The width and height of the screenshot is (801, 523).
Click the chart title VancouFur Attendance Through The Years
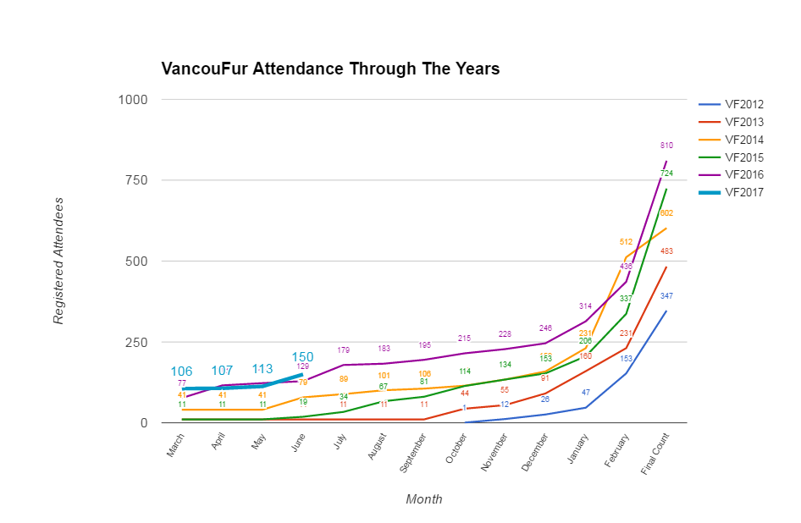click(x=330, y=69)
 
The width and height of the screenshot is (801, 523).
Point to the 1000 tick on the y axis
click(x=132, y=100)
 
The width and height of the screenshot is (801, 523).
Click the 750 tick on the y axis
click(x=137, y=180)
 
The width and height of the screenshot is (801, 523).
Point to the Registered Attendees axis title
click(x=58, y=261)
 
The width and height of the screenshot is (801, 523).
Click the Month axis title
click(x=423, y=499)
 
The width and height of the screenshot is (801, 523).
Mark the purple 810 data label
click(x=666, y=146)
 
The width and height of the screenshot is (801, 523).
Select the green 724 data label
click(x=666, y=173)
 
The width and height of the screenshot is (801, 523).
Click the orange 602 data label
click(x=666, y=213)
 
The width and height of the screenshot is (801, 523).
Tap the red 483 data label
click(x=666, y=251)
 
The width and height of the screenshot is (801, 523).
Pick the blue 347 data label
click(x=666, y=296)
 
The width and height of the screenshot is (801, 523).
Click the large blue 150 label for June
click(x=303, y=357)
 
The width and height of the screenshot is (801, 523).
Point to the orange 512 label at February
click(x=626, y=242)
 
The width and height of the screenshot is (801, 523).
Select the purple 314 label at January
click(x=584, y=306)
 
